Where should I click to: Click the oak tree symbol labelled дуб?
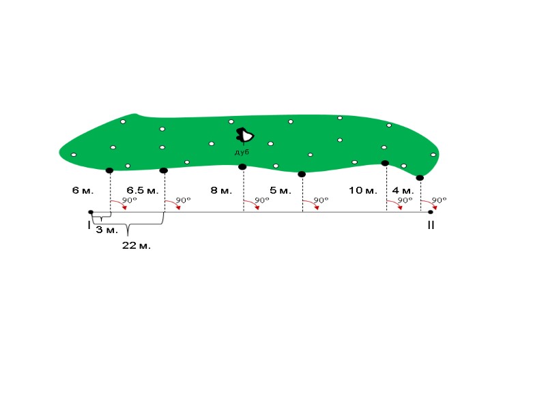click(x=244, y=136)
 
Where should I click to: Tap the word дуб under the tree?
click(x=242, y=153)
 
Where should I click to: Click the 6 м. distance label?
click(x=83, y=190)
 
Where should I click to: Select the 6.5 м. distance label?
click(x=143, y=190)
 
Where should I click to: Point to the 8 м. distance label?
click(x=221, y=190)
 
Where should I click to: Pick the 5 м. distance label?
click(x=281, y=190)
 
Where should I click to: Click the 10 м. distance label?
click(x=363, y=190)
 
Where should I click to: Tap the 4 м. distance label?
click(x=403, y=190)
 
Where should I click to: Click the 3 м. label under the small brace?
click(x=106, y=230)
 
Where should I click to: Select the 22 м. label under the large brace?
click(x=136, y=245)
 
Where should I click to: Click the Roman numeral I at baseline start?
click(x=89, y=224)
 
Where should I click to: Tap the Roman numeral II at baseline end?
click(x=431, y=225)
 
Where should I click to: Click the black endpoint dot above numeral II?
click(x=430, y=212)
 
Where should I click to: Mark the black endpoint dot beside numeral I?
click(x=91, y=212)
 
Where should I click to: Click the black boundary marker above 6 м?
click(x=109, y=170)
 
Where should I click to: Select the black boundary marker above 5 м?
click(x=302, y=174)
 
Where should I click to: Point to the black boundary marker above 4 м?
click(x=420, y=178)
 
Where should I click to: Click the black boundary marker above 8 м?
click(x=242, y=166)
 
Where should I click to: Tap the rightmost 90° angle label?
click(x=439, y=200)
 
